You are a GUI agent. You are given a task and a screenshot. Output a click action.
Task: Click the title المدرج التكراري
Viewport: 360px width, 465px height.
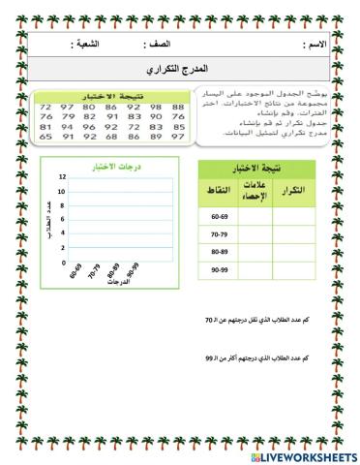[x=181, y=70]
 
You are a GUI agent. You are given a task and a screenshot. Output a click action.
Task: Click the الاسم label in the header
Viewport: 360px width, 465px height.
[x=315, y=46]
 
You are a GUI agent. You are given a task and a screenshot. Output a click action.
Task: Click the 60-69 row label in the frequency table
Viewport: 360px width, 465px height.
[x=221, y=215]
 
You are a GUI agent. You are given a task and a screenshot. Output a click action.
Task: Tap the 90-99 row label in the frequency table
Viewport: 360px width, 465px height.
[x=221, y=267]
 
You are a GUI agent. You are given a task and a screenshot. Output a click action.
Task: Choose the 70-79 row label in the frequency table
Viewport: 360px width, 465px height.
[x=221, y=232]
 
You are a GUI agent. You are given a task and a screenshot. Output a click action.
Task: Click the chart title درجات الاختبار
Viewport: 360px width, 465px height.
[x=108, y=166]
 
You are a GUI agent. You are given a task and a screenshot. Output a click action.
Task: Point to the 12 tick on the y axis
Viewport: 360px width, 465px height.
[x=62, y=178]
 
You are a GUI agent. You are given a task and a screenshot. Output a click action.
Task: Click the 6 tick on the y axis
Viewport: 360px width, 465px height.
[x=62, y=220]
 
